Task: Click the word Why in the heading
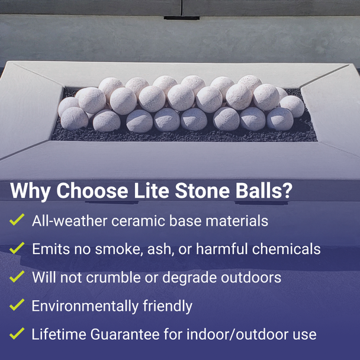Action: coord(30,192)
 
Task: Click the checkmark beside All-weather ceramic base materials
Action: coord(17,220)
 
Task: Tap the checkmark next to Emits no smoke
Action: coord(17,248)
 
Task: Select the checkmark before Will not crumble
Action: coord(17,277)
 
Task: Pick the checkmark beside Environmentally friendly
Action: coord(17,305)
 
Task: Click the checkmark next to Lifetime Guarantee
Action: coord(17,333)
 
